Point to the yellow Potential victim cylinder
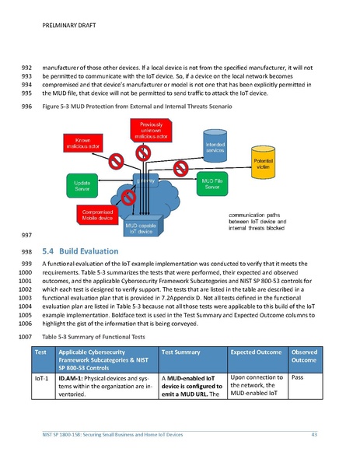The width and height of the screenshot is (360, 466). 264,164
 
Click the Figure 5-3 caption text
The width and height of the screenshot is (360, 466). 138,105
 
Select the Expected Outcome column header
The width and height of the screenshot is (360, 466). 256,352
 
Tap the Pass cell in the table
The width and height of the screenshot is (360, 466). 296,377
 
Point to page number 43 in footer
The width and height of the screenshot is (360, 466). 315,433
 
